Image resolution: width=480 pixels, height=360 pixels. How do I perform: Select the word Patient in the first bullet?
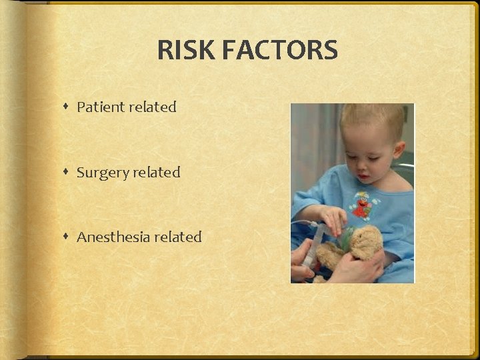(101, 107)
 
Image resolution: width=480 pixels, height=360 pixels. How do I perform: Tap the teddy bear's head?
(365, 241)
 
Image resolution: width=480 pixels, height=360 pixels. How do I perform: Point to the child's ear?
(398, 149)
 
